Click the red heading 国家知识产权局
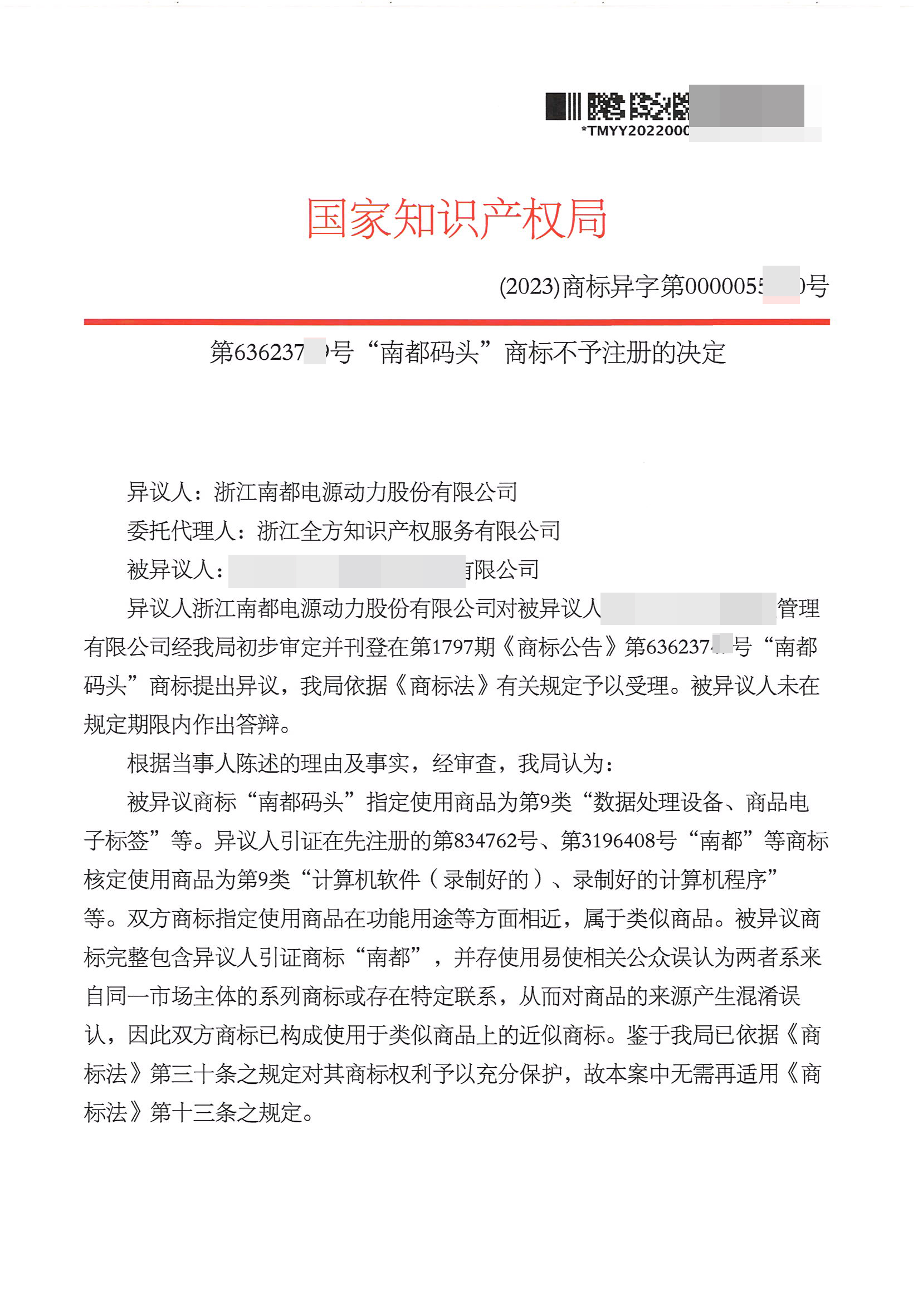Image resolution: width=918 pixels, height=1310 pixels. (456, 218)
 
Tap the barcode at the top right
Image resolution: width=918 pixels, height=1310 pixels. (616, 106)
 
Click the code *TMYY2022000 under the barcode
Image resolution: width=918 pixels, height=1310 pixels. (634, 131)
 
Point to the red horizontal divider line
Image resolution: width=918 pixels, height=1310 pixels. (456, 322)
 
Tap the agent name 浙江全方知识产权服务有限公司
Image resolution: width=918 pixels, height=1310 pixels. (408, 531)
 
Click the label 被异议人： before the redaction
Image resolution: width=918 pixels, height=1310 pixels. (175, 569)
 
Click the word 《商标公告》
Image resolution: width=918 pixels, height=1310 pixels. (559, 647)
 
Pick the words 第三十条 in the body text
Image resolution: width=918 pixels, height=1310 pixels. (193, 1073)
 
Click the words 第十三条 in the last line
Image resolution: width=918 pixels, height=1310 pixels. (193, 1112)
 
